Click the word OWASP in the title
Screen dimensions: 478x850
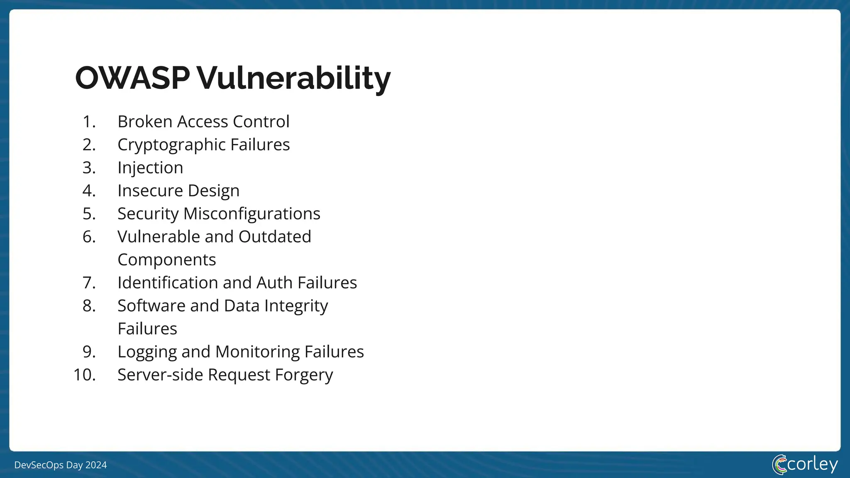click(132, 78)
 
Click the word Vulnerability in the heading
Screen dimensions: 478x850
click(293, 78)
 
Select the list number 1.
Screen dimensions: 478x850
click(89, 122)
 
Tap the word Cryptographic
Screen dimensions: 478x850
click(171, 145)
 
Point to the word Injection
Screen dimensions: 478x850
click(150, 168)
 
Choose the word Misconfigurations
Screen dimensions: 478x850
click(252, 214)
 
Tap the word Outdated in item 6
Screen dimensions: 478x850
click(274, 237)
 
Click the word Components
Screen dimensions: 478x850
click(166, 260)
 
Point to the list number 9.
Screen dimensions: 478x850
click(89, 352)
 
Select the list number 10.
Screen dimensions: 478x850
click(85, 375)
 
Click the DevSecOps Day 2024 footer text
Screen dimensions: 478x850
click(61, 465)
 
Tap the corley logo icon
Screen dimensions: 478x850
click(779, 464)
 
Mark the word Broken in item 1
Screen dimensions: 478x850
click(145, 122)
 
